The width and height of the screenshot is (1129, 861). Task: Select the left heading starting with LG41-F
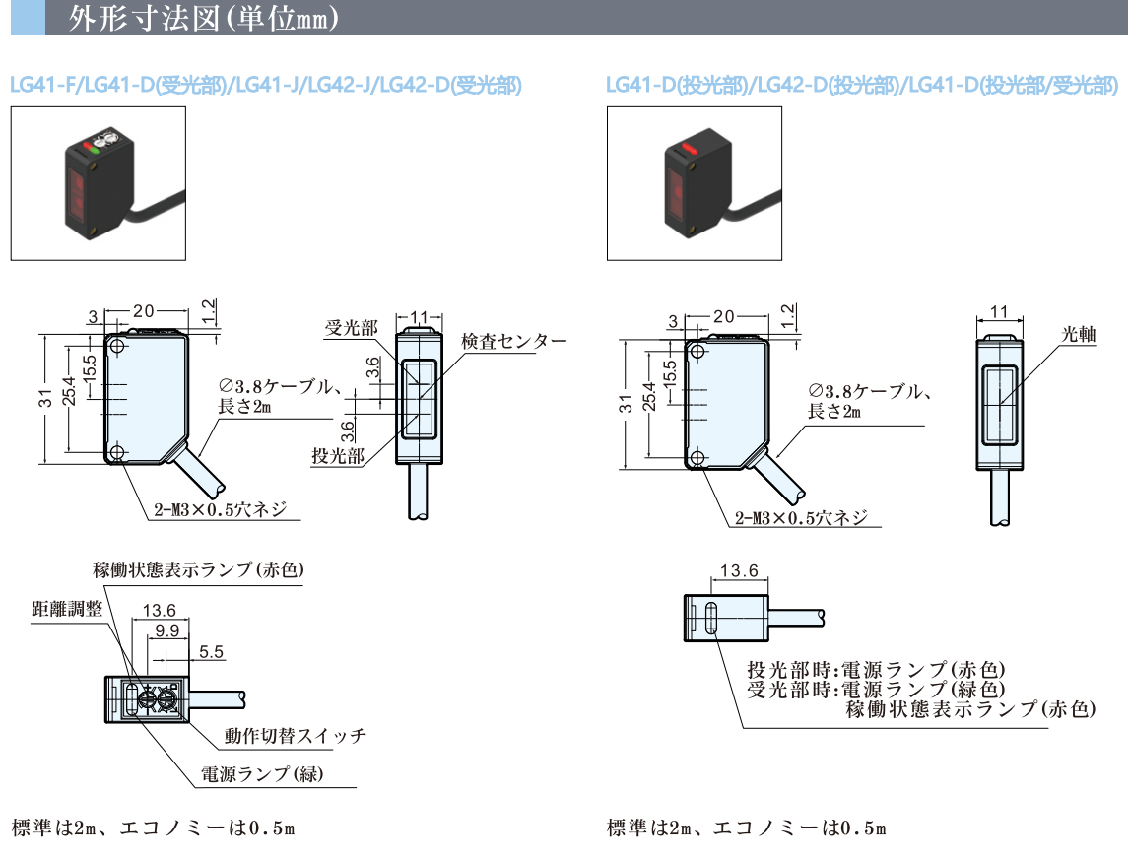click(x=265, y=86)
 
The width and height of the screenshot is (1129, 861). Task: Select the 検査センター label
click(x=513, y=342)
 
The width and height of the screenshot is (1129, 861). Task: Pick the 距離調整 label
click(x=68, y=609)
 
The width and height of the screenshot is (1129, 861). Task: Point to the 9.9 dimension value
click(x=166, y=630)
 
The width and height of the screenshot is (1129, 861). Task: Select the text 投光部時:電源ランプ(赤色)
click(x=877, y=670)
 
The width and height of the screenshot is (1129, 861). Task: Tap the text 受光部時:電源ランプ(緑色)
click(x=877, y=689)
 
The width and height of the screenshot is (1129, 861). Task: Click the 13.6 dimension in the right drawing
click(x=739, y=570)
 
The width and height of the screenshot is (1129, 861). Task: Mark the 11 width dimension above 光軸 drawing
click(x=999, y=312)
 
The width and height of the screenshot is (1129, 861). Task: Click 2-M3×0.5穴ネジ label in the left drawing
click(x=221, y=509)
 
